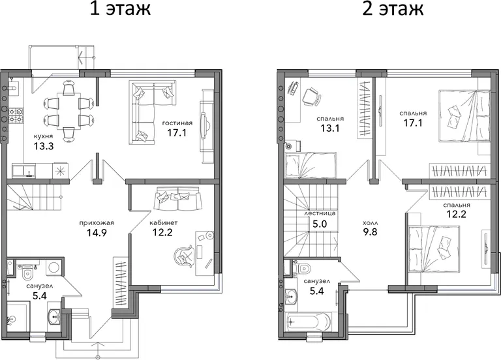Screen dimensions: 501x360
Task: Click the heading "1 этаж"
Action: point(120,9)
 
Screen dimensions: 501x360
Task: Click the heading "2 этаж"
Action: point(393,9)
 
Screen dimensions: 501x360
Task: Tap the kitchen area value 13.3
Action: point(44,147)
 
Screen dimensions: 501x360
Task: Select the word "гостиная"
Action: point(177,123)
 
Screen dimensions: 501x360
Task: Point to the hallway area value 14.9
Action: point(97,233)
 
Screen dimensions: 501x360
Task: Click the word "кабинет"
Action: point(164,222)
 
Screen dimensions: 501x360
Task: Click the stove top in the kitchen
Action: point(16,115)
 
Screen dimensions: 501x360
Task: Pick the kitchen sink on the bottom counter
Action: point(24,171)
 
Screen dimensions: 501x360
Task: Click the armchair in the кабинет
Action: point(185,255)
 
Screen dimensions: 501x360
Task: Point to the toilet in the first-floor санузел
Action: point(27,273)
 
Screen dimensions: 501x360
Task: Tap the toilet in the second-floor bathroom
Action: point(304,267)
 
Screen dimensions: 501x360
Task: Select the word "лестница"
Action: point(320,213)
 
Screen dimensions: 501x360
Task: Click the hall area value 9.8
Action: point(370,232)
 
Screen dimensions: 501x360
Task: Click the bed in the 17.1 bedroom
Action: point(464,115)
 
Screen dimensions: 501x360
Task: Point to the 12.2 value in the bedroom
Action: point(456,214)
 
